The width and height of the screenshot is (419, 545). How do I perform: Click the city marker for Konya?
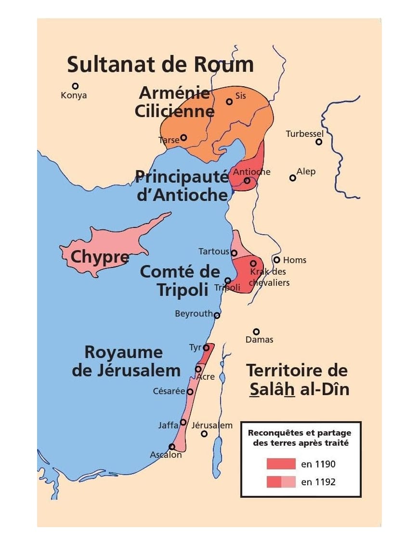pos(75,86)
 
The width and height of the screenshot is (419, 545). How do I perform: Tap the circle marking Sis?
pos(229,102)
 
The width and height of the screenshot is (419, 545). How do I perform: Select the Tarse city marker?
pos(183,137)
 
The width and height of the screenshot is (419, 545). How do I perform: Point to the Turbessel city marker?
pos(318,142)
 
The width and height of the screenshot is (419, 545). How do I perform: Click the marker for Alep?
pos(292,178)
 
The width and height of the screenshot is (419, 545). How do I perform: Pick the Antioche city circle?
pos(247,181)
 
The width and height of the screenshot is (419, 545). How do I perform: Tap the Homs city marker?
pos(276,260)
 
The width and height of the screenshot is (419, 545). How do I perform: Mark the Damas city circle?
pos(256,332)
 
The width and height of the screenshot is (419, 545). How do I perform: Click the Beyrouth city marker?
pos(217,316)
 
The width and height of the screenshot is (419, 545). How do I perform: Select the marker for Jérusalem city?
pos(204,434)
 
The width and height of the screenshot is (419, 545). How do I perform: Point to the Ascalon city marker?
pos(172,447)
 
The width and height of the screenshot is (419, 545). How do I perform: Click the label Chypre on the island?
pos(100,257)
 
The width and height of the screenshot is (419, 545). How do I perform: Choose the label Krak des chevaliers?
pos(270,277)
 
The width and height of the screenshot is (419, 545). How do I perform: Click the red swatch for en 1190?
pos(281,464)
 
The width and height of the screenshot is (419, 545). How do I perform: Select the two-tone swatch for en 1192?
pos(281,481)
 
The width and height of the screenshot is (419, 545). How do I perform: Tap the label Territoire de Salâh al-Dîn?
pos(297,380)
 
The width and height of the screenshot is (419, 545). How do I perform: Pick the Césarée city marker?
pos(190,392)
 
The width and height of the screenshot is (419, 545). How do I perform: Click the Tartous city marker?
pos(234,253)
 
